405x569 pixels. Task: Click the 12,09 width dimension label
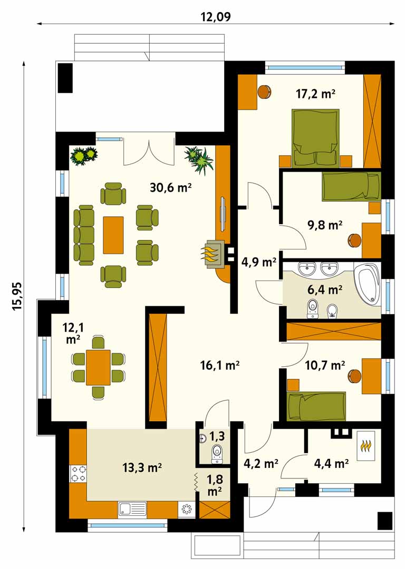(216, 16)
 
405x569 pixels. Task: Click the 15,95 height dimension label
(17, 296)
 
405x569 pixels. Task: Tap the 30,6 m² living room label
(171, 187)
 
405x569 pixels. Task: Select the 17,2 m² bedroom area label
(315, 94)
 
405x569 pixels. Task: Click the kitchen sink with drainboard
(132, 509)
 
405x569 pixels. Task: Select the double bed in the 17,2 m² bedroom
(316, 138)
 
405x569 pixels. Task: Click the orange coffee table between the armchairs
(113, 235)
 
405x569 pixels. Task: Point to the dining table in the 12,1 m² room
(98, 367)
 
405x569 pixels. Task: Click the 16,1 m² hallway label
(219, 365)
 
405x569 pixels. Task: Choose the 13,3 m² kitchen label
(142, 467)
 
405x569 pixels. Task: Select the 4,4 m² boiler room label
(331, 463)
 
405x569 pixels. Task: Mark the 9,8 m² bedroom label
(325, 225)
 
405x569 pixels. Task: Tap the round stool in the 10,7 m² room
(354, 375)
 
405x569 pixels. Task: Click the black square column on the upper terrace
(65, 78)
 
